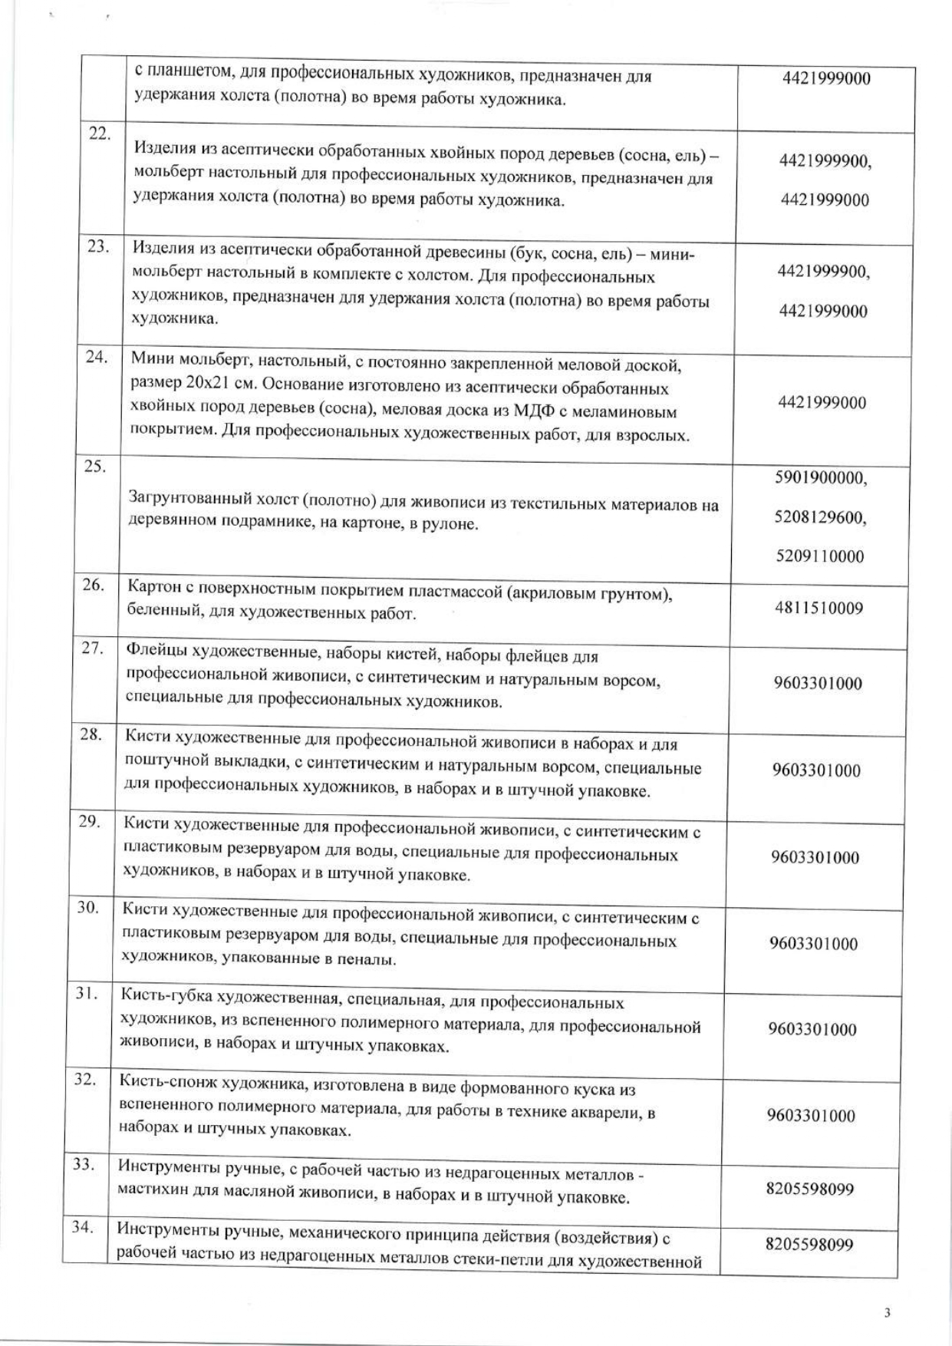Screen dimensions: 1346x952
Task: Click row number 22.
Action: (100, 134)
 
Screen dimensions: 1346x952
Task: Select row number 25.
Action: (95, 467)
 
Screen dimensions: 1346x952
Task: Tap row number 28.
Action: (91, 734)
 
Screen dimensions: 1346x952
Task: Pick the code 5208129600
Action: (820, 518)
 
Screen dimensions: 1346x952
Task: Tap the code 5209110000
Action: (820, 556)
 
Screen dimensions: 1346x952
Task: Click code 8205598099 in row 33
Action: (810, 1189)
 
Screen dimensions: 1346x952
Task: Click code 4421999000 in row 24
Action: (822, 403)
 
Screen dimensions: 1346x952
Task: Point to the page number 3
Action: (887, 1313)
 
